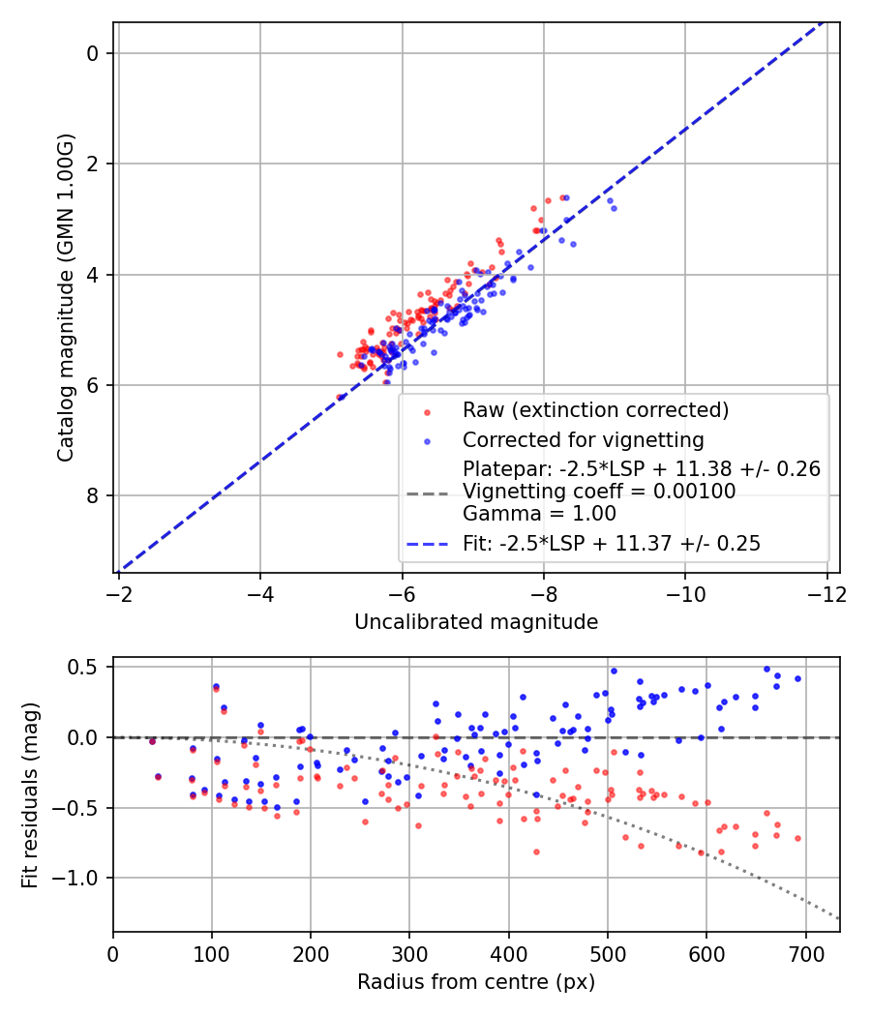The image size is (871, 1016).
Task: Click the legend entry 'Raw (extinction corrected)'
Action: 595,410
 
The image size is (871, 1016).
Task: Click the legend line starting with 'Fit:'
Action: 612,544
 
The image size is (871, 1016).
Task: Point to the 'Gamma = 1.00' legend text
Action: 539,514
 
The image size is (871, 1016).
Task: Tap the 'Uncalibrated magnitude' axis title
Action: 476,621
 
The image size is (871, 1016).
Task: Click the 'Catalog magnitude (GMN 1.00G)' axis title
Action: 65,298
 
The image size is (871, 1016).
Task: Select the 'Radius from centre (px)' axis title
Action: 476,982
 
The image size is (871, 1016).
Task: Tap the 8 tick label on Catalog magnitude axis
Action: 94,496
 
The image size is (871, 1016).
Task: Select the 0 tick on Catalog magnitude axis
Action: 94,53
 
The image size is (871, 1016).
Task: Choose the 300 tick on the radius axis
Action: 409,953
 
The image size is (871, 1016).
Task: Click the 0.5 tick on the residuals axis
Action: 87,667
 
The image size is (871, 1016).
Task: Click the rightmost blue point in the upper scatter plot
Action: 614,208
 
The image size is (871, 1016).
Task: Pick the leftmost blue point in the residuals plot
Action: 152,741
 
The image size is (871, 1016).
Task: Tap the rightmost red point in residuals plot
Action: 797,838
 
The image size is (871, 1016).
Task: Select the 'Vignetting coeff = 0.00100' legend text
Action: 599,492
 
